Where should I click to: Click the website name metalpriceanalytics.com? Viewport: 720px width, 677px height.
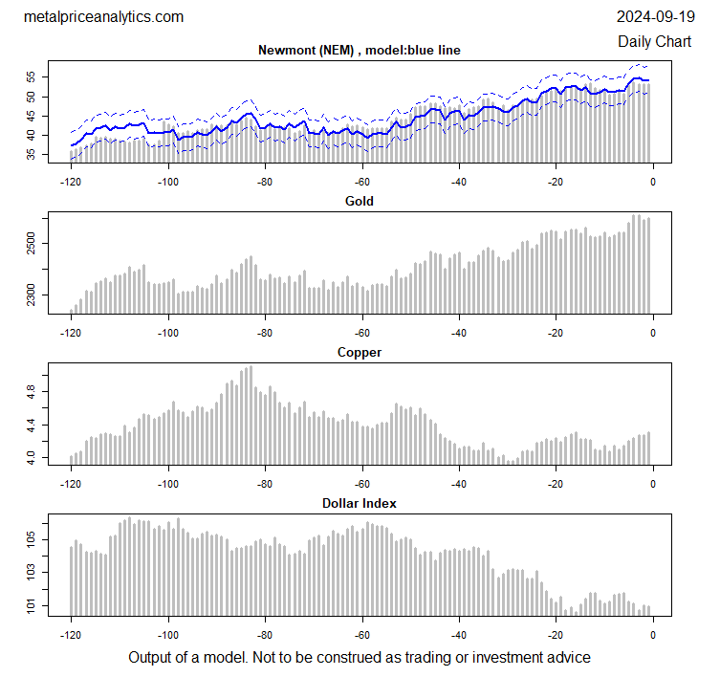click(102, 17)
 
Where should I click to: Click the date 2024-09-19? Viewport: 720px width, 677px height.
click(656, 17)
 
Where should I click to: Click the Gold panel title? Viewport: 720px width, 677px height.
click(360, 202)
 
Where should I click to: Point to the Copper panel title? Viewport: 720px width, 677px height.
click(360, 353)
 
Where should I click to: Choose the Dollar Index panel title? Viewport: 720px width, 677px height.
click(360, 503)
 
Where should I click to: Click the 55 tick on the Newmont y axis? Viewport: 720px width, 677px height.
click(32, 76)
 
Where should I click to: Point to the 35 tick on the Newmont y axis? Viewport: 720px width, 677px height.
click(32, 155)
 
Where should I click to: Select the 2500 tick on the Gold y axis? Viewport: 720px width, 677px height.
click(32, 246)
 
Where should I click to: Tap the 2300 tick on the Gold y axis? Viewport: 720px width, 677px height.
click(32, 300)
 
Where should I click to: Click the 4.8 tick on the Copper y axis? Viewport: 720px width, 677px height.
click(32, 391)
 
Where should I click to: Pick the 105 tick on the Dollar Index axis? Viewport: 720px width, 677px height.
click(32, 540)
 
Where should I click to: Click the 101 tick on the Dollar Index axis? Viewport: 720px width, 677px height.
click(32, 606)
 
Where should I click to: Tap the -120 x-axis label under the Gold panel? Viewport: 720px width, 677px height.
click(71, 333)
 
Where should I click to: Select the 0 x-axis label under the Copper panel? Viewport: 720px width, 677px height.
click(653, 484)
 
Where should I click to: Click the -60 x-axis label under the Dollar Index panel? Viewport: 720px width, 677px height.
click(362, 634)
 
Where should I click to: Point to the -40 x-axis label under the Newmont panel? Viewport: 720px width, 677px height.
click(459, 182)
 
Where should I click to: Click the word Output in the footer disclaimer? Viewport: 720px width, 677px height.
click(151, 657)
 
